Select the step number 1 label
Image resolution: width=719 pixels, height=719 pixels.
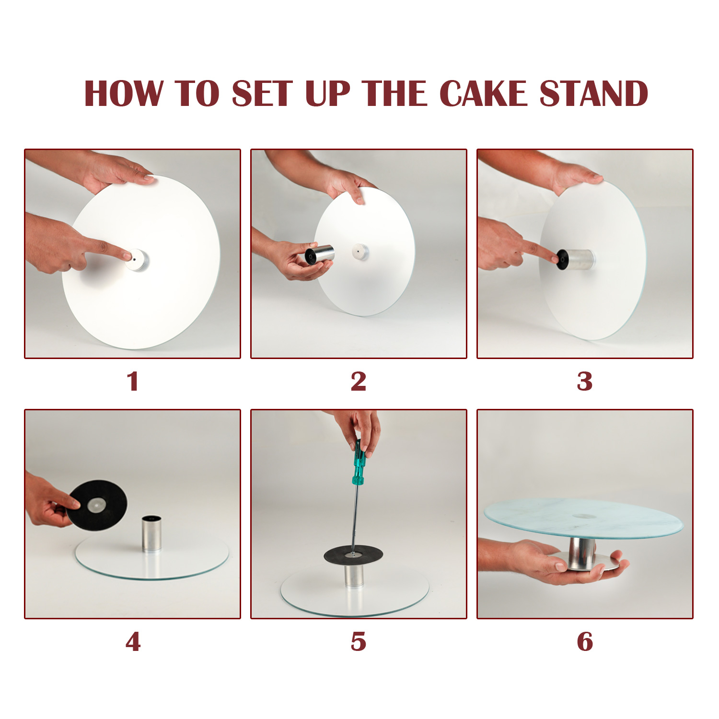click(133, 382)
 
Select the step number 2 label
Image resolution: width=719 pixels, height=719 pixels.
click(359, 382)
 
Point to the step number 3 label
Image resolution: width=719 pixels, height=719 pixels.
click(585, 382)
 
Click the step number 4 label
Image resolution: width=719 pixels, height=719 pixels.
click(133, 642)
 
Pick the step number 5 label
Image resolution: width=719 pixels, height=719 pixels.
click(359, 642)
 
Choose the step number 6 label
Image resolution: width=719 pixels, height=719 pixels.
click(585, 642)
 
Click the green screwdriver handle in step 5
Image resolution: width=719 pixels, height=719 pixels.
click(359, 463)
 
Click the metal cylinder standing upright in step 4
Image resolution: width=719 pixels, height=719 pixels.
click(152, 533)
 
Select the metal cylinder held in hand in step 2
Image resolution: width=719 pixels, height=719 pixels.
click(320, 255)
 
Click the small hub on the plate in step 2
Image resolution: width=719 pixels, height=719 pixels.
click(360, 251)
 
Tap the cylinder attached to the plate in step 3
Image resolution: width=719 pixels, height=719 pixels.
click(578, 259)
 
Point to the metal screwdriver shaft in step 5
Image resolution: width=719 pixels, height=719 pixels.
click(355, 518)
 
